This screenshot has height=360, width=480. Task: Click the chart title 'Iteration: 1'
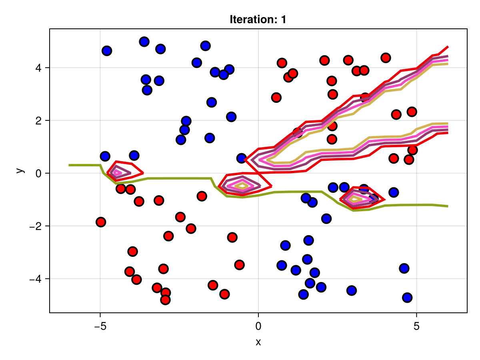pos(258,20)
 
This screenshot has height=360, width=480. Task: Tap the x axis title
pos(258,342)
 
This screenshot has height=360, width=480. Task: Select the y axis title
pos(19,170)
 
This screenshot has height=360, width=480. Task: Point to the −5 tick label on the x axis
pos(100,326)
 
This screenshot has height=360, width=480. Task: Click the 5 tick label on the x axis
pos(416,326)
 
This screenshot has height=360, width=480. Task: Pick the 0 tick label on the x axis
pos(258,326)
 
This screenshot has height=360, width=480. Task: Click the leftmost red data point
pos(101,222)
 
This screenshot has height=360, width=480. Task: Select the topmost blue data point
pos(144,42)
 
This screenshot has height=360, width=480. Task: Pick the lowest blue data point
pos(407,298)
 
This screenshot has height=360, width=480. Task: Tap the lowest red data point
pos(165,300)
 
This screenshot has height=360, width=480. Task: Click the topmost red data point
pos(386,58)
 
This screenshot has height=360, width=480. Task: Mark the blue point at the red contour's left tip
pos(241,158)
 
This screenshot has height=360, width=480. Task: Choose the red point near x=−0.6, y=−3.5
pos(239,265)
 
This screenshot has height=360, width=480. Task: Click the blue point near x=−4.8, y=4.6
pos(107,51)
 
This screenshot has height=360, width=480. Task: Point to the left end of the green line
pos(69,165)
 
